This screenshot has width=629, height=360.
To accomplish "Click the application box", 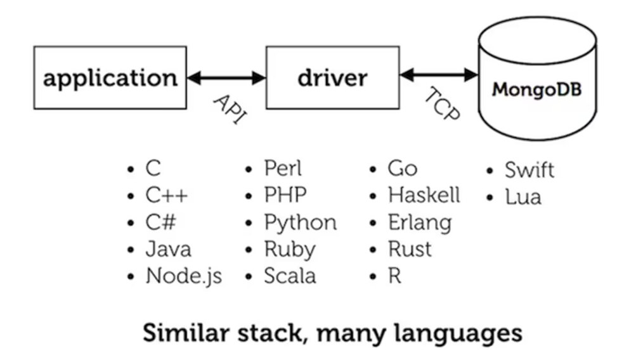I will (110, 78).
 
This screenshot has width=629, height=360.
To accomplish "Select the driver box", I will (332, 78).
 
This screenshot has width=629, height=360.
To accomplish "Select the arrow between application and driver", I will (226, 78).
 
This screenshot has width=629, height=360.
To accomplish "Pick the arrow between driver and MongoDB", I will (438, 75).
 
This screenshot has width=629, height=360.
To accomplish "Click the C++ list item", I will (166, 196).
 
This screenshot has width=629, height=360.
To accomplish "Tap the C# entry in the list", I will (161, 222).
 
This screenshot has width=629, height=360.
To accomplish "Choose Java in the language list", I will (168, 249).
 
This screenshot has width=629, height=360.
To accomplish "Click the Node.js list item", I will (183, 276).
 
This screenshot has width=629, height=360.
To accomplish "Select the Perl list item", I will (283, 169).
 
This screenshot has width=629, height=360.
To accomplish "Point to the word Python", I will (300, 222).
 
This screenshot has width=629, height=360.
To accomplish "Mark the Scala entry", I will (290, 276).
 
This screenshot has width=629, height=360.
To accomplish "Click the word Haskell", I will (424, 195).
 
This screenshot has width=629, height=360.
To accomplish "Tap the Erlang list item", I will (419, 222).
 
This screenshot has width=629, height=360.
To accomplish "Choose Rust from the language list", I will (410, 249).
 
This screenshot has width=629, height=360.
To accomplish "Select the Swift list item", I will (529, 170).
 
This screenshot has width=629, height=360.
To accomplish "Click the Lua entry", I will (523, 196).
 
